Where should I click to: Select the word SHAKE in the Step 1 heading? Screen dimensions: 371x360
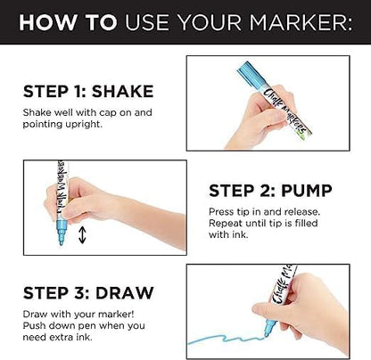tap(122, 92)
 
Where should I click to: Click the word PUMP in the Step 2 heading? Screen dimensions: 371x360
tap(307, 191)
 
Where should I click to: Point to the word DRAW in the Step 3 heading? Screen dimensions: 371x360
tap(125, 293)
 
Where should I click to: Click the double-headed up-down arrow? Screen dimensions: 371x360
tap(82, 235)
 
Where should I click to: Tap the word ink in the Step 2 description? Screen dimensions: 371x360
tap(241, 234)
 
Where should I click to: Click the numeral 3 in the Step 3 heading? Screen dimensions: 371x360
tap(78, 293)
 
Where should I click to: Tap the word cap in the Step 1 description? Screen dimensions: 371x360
tap(108, 113)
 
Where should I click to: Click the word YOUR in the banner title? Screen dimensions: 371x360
tap(210, 22)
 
